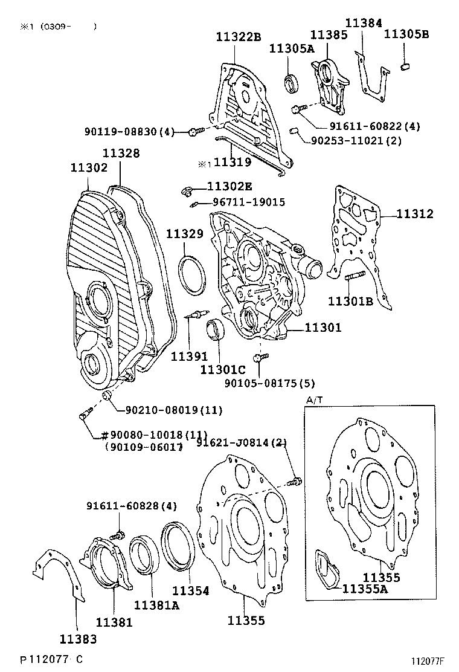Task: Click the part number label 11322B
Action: (239, 37)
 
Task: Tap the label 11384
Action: (364, 23)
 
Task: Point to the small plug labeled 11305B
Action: (406, 65)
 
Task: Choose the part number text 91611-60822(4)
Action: (366, 126)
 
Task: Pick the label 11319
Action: (233, 163)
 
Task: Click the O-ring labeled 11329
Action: (191, 276)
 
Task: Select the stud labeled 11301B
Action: (353, 279)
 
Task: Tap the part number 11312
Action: (415, 214)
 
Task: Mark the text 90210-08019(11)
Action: (174, 410)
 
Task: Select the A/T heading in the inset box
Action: (314, 400)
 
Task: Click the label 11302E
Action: (230, 187)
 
